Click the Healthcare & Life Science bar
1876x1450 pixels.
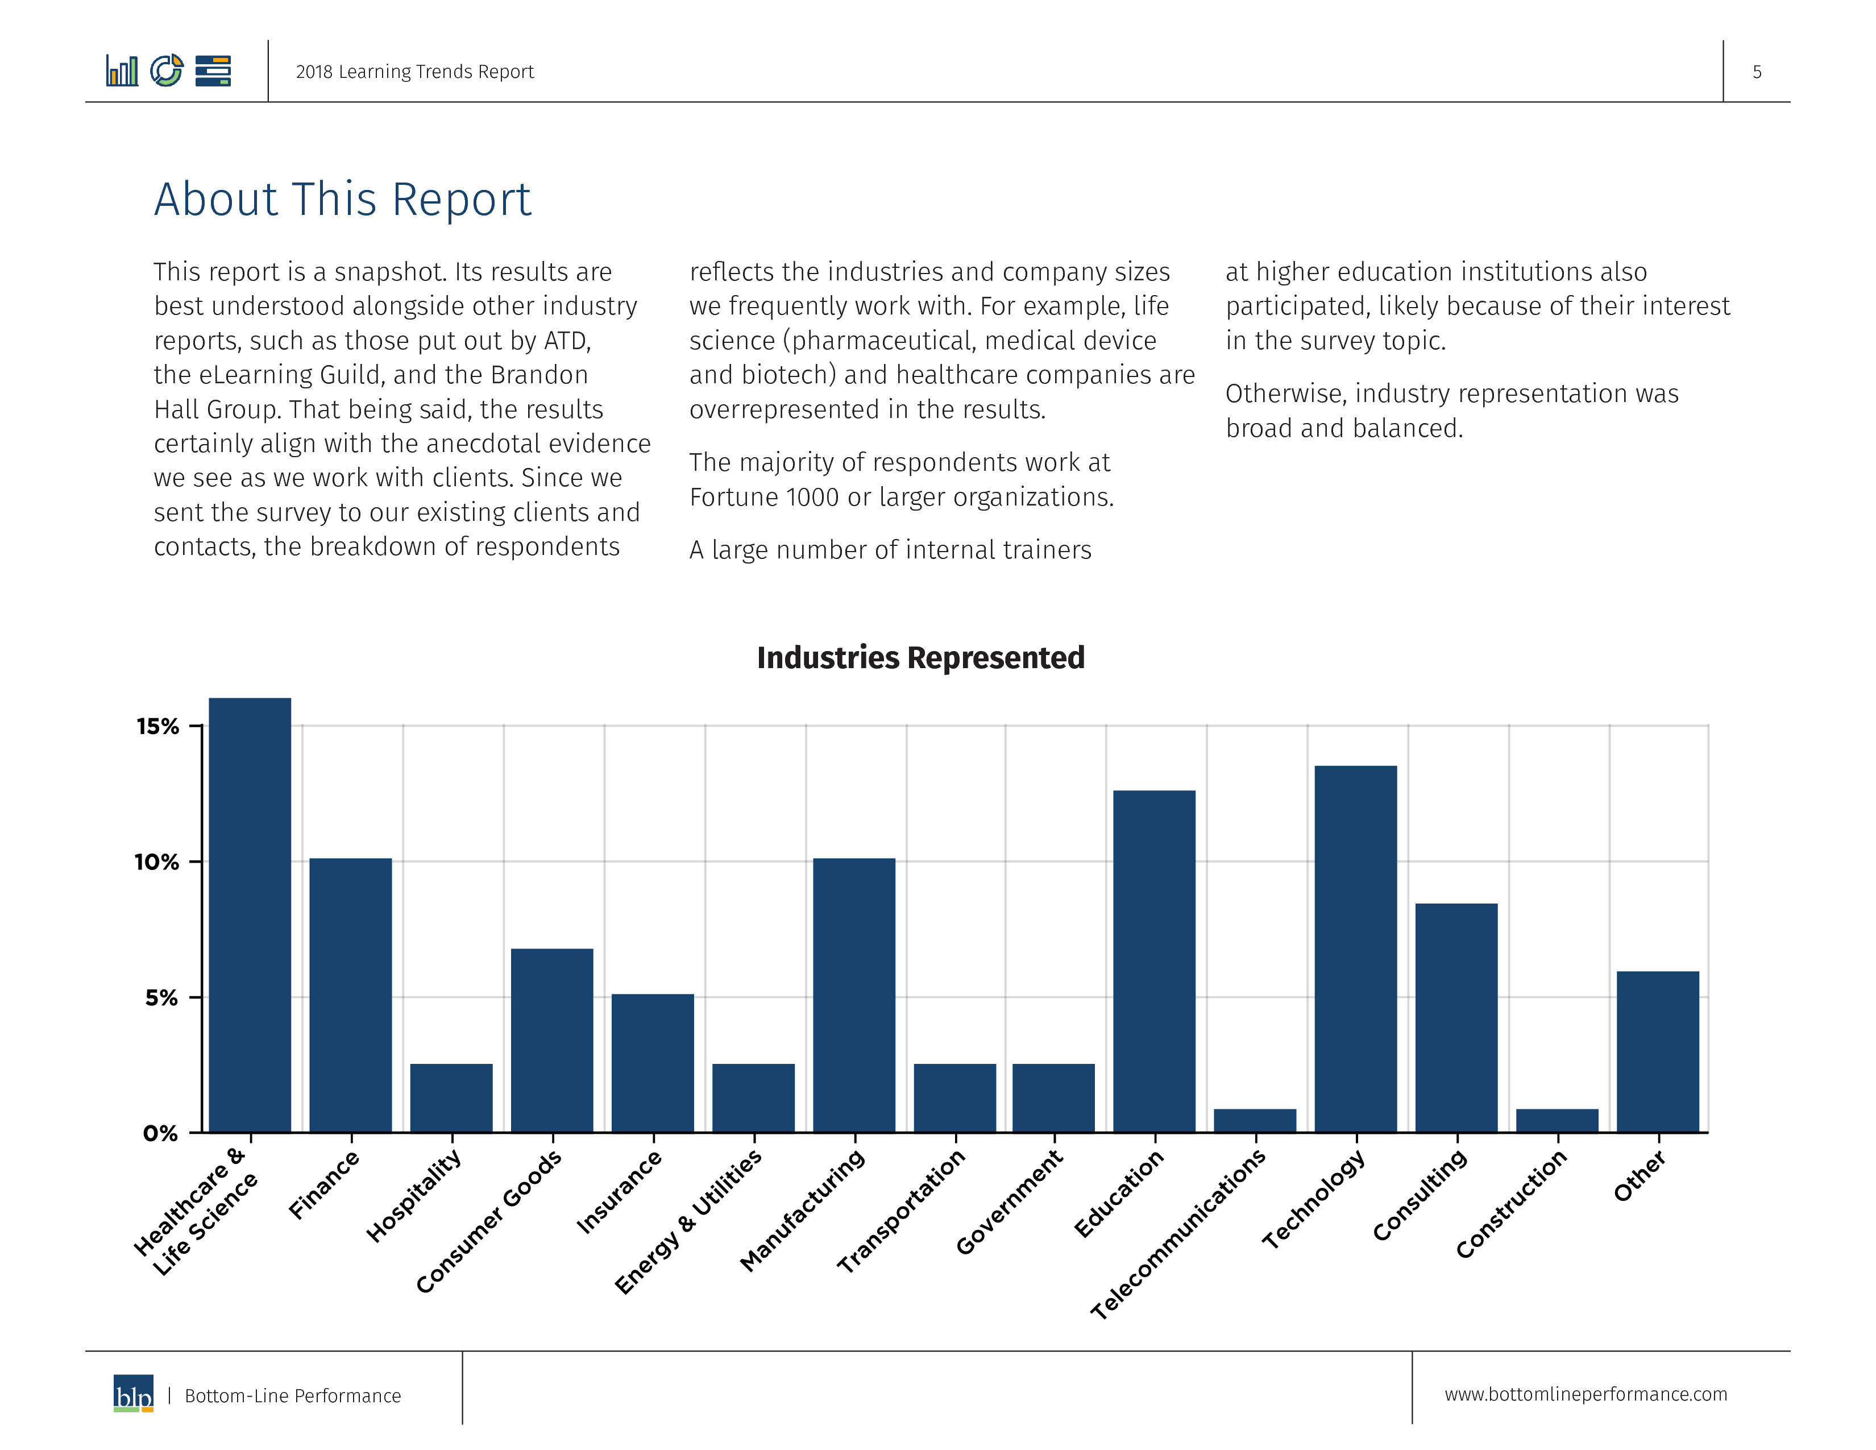click(250, 915)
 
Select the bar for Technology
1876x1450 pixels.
click(1355, 948)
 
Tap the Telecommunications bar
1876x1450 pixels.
click(1255, 1120)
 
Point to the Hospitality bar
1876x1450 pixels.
click(451, 1098)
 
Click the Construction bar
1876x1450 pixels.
click(1557, 1120)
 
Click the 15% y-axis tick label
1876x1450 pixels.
click(157, 727)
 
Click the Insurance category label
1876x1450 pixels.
click(619, 1191)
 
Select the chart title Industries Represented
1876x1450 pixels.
click(921, 657)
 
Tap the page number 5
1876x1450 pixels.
click(1757, 72)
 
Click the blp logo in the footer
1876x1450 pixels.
click(133, 1393)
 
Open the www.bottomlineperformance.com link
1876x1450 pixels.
click(1586, 1394)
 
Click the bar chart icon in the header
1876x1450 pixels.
click(122, 71)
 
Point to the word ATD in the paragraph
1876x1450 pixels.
click(567, 341)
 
